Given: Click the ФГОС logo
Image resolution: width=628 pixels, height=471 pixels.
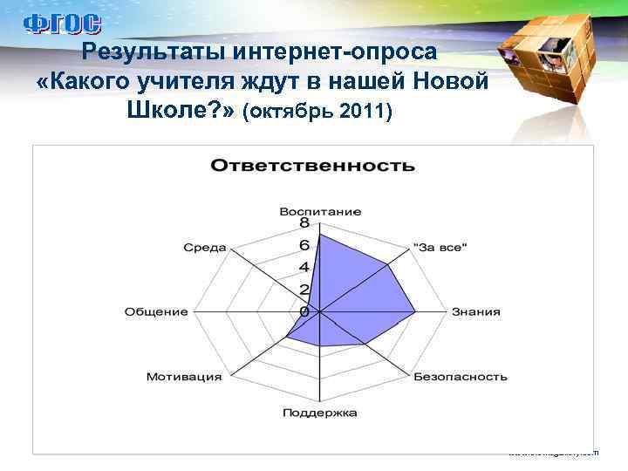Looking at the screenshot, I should [61, 24].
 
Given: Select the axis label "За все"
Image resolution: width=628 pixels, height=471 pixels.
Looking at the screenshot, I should [440, 248].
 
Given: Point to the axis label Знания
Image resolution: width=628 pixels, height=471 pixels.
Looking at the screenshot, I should [475, 312].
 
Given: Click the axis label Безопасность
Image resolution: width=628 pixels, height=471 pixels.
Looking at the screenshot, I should [460, 378].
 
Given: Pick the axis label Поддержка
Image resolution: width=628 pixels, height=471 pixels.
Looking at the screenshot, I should [319, 413].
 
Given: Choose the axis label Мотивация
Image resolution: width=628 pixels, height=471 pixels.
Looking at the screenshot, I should [183, 378].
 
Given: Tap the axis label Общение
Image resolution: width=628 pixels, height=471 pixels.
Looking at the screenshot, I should [156, 312].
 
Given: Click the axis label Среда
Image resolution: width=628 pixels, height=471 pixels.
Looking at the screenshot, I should [204, 248].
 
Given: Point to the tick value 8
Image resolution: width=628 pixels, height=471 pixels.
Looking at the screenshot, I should [304, 223].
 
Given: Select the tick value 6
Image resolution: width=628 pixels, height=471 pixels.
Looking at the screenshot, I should [304, 245].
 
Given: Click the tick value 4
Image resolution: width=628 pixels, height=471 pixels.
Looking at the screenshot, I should [304, 267].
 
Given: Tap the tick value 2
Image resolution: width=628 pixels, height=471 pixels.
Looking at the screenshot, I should [304, 290].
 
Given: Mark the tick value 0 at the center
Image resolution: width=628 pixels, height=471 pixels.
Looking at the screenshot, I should [304, 311].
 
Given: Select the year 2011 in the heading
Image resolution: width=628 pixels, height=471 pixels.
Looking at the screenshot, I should [365, 113].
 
